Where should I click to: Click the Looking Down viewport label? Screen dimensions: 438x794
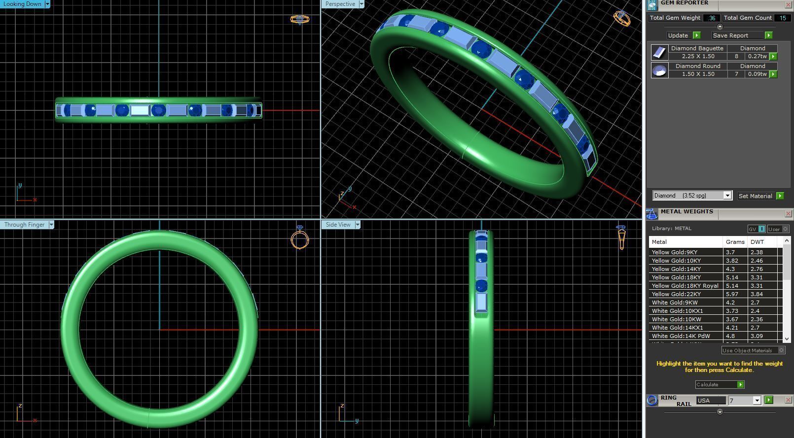22,4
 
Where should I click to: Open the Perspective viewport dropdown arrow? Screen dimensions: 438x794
361,4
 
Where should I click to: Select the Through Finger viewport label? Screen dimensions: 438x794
24,225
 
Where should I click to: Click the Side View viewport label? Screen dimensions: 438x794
338,225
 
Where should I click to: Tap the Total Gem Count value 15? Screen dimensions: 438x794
783,18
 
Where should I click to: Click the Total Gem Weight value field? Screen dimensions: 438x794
711,18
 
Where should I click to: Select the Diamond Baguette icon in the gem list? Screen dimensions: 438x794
659,52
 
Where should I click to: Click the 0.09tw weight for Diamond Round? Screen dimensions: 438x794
757,74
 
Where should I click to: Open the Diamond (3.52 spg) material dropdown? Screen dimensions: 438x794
727,196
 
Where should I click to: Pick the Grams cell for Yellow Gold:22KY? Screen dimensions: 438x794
734,294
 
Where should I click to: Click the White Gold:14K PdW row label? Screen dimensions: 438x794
681,336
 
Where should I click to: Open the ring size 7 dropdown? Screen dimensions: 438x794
757,401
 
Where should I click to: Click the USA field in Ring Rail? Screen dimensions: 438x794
711,401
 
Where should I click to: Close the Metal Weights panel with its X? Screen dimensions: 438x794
788,213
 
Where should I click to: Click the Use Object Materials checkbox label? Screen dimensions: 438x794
748,350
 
